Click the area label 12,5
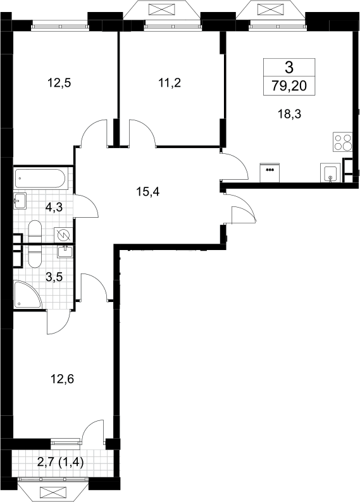(x=59, y=83)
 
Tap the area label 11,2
(x=170, y=83)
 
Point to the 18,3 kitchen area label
(x=289, y=114)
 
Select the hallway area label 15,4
(x=147, y=192)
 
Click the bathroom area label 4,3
(x=54, y=208)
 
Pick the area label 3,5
(x=54, y=277)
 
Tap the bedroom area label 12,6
(x=62, y=379)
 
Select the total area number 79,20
(x=289, y=86)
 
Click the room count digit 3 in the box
(x=289, y=68)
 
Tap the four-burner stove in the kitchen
(x=343, y=142)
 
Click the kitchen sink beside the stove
(x=330, y=173)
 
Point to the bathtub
(x=40, y=178)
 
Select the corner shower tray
(x=28, y=295)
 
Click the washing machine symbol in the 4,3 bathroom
(x=63, y=235)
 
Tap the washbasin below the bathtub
(x=20, y=201)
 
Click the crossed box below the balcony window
(x=53, y=492)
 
